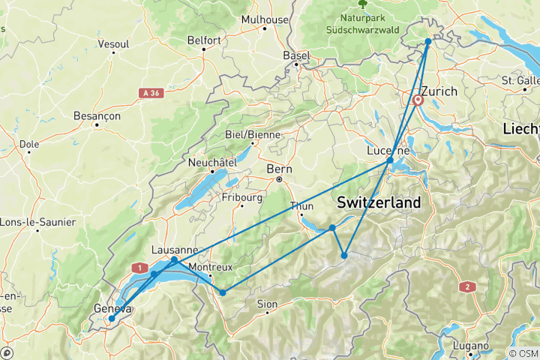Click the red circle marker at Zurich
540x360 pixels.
tap(418, 100)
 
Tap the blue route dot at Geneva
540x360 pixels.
tap(111, 319)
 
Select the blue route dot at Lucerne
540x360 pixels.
tap(390, 160)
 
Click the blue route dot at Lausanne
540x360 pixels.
tap(174, 260)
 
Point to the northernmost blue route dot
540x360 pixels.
tap(428, 42)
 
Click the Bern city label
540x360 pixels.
tap(279, 169)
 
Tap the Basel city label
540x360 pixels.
tap(296, 55)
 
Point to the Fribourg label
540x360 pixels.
tap(241, 198)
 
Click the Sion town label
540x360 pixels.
tap(267, 304)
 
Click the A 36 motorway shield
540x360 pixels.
tap(149, 91)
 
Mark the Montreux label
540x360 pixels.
tap(211, 267)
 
